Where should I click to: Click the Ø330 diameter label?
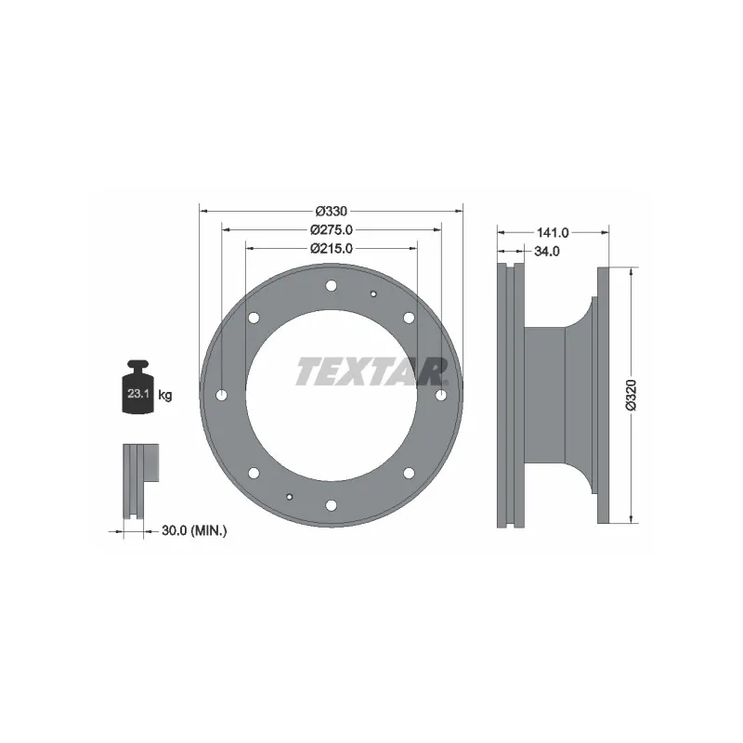(x=331, y=210)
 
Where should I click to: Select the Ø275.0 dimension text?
(x=331, y=229)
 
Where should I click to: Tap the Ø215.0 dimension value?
(x=331, y=248)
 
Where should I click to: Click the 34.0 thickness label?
(x=548, y=252)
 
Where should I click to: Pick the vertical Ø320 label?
(x=631, y=395)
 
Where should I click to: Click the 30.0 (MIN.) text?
(x=194, y=530)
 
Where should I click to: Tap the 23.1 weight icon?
(x=137, y=389)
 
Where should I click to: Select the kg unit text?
(x=165, y=396)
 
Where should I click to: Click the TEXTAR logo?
(x=371, y=371)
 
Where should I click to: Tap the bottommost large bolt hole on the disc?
(x=331, y=505)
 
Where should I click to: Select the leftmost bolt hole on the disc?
(x=221, y=396)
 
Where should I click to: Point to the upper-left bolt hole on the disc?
(x=253, y=319)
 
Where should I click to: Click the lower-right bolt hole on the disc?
(x=409, y=473)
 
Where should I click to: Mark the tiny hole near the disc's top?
(x=372, y=295)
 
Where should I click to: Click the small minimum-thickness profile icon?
(x=140, y=483)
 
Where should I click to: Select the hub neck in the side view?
(x=548, y=396)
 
